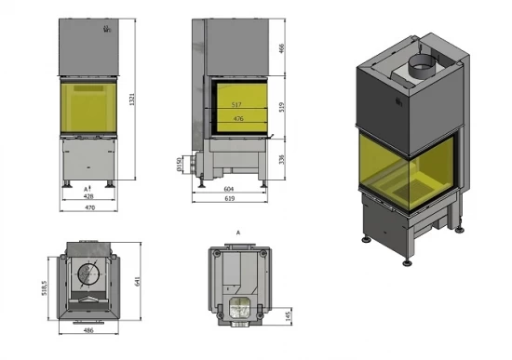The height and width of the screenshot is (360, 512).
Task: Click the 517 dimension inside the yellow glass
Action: pyautogui.click(x=237, y=104)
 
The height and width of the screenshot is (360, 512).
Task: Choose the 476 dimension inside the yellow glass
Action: pyautogui.click(x=237, y=118)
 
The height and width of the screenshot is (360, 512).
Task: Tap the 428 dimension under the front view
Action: pyautogui.click(x=89, y=196)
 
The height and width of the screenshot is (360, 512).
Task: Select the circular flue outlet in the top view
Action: pyautogui.click(x=90, y=273)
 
